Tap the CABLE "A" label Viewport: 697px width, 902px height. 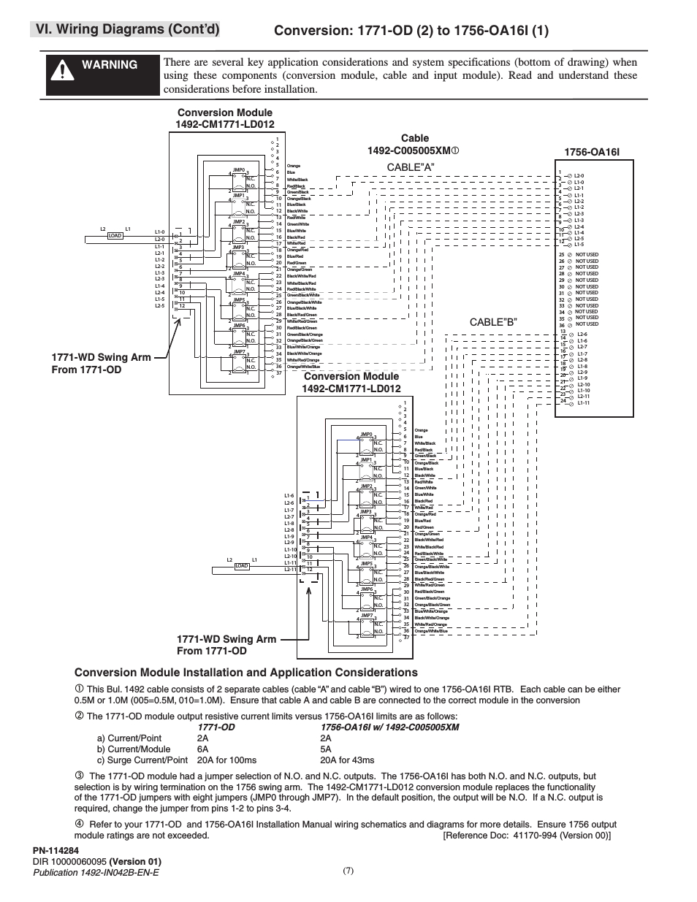pyautogui.click(x=411, y=167)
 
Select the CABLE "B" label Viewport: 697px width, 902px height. pyautogui.click(x=493, y=322)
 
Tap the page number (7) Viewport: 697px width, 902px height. pyautogui.click(x=348, y=870)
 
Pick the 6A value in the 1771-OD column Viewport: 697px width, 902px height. pyautogui.click(x=202, y=749)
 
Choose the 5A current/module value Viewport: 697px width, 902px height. pyautogui.click(x=326, y=749)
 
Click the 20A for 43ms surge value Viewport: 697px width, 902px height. pyautogui.click(x=347, y=760)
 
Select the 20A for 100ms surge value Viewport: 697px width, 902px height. pyautogui.click(x=226, y=760)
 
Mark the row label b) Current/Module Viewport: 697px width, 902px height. pyautogui.click(x=134, y=749)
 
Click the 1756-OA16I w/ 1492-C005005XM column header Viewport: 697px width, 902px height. pyautogui.click(x=389, y=727)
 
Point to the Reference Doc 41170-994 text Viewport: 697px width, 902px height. pyautogui.click(x=527, y=835)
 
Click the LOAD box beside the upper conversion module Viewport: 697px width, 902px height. pyautogui.click(x=115, y=236)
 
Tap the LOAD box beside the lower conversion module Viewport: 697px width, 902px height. pyautogui.click(x=241, y=566)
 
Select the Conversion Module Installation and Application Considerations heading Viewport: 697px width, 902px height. pyautogui.click(x=246, y=672)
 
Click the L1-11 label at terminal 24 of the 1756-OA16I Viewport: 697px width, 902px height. pyautogui.click(x=583, y=402)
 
